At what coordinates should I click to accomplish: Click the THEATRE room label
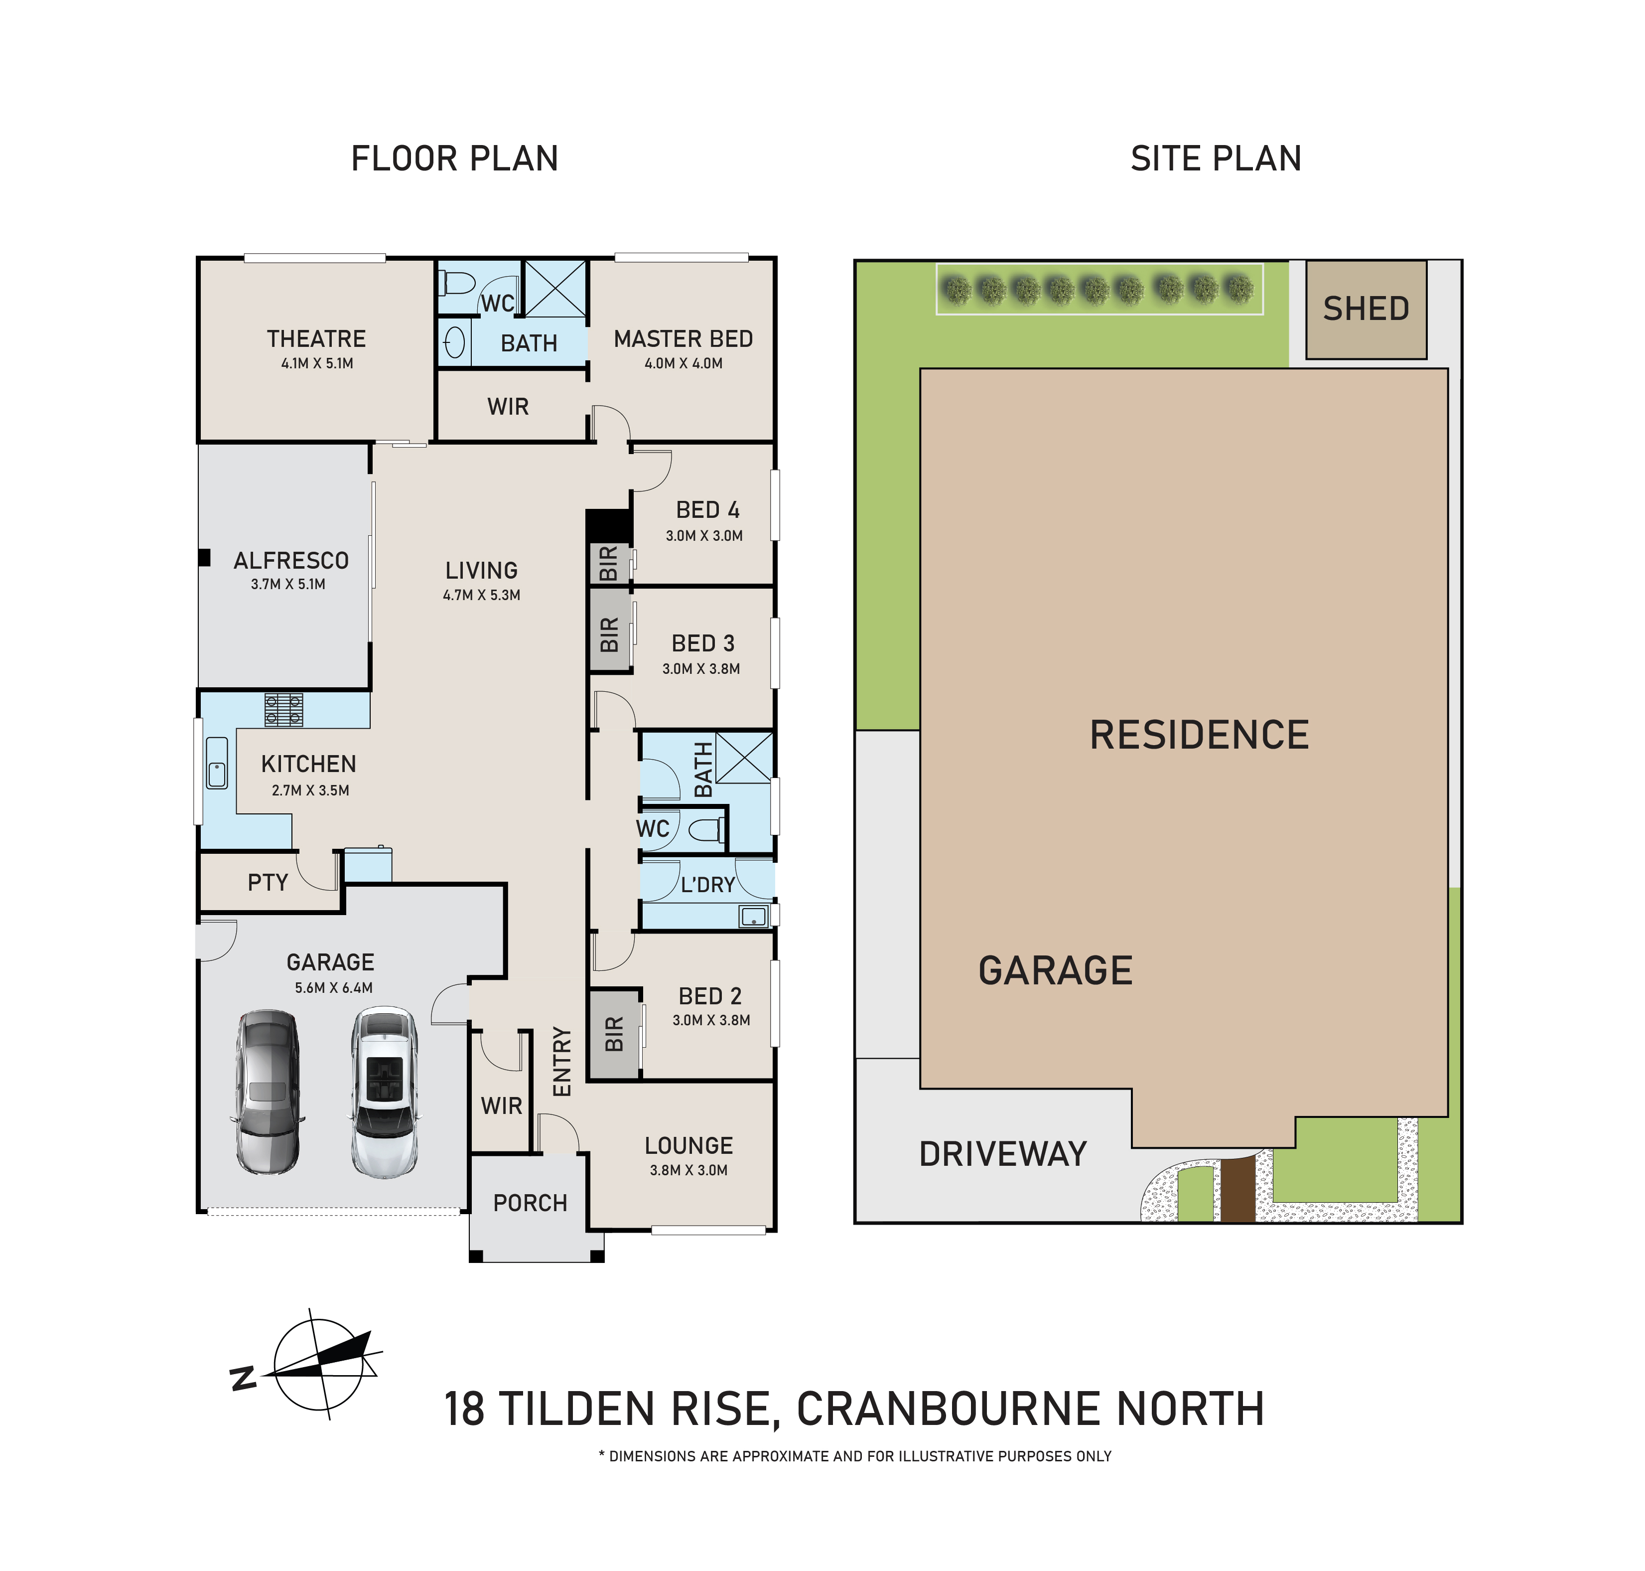point(316,339)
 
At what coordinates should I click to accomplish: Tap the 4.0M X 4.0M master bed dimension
point(683,363)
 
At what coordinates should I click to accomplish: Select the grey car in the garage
point(267,1091)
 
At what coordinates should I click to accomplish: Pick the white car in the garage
point(384,1091)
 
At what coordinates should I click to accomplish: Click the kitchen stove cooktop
point(284,709)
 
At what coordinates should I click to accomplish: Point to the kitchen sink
point(217,762)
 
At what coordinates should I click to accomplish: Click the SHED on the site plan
point(1366,309)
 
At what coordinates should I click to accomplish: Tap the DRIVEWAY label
point(1003,1154)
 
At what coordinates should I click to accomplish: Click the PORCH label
point(530,1203)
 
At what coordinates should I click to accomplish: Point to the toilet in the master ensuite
point(458,285)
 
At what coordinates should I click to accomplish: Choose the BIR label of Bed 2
point(614,1034)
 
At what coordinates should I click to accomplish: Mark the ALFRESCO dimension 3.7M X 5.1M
point(288,585)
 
